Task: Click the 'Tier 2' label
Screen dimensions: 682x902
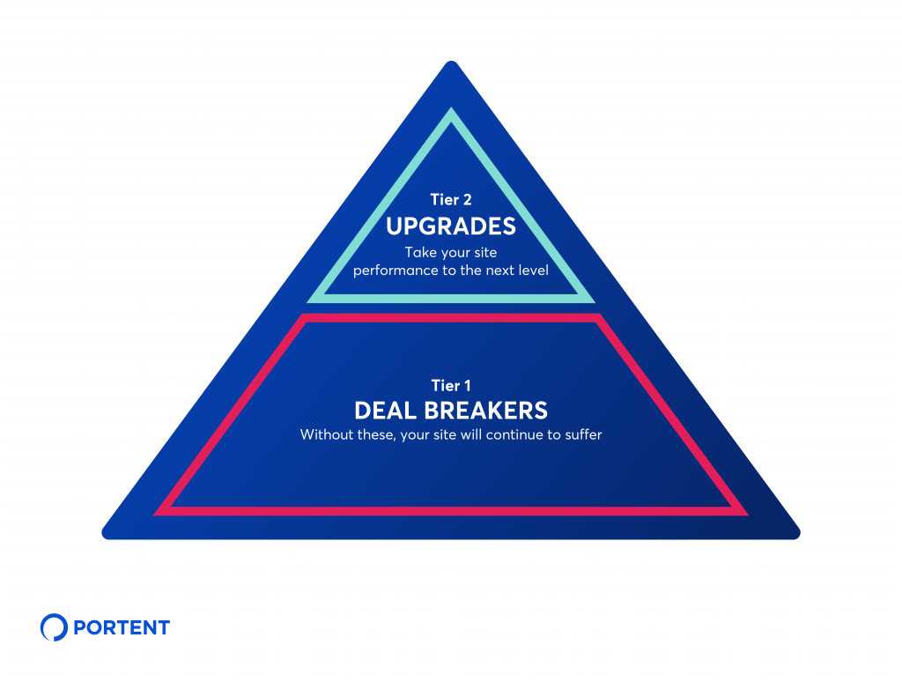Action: (x=451, y=199)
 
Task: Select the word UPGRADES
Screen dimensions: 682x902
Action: (x=451, y=226)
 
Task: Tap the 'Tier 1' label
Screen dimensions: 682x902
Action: (x=451, y=385)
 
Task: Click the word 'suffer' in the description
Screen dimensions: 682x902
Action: (x=582, y=434)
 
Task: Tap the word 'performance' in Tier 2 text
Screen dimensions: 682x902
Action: (x=394, y=271)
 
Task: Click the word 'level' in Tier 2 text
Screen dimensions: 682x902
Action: (x=532, y=271)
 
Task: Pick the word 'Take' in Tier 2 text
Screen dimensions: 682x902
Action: (x=420, y=253)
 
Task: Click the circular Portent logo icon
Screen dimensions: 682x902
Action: (x=54, y=627)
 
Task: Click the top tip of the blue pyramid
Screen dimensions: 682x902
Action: (x=451, y=63)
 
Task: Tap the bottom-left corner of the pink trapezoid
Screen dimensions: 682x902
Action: (x=157, y=513)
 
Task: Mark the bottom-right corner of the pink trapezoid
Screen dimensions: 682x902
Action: (x=745, y=513)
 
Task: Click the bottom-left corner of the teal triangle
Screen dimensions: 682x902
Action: (x=309, y=300)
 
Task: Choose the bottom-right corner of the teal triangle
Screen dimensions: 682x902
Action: (x=593, y=300)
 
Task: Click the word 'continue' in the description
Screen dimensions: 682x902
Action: (x=518, y=434)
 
